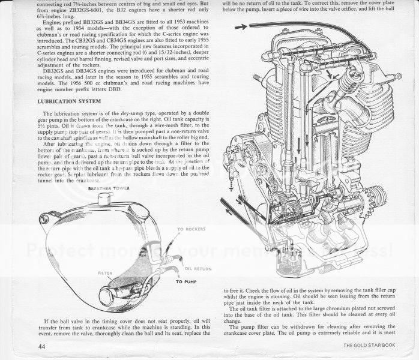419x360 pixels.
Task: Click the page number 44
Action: click(x=40, y=346)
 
